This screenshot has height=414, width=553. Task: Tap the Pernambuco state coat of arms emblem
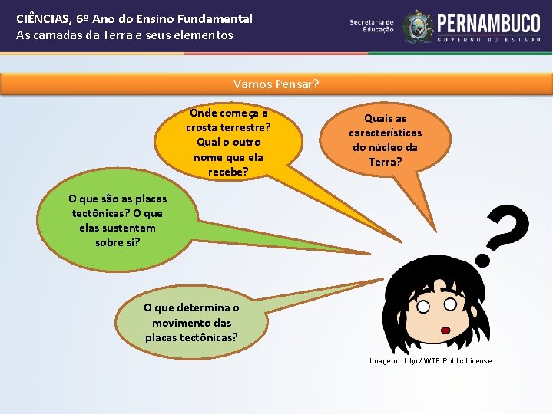418,27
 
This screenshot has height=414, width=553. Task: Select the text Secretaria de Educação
372,27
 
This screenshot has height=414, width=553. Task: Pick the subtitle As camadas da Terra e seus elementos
124,35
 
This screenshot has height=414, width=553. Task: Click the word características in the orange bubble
385,133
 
